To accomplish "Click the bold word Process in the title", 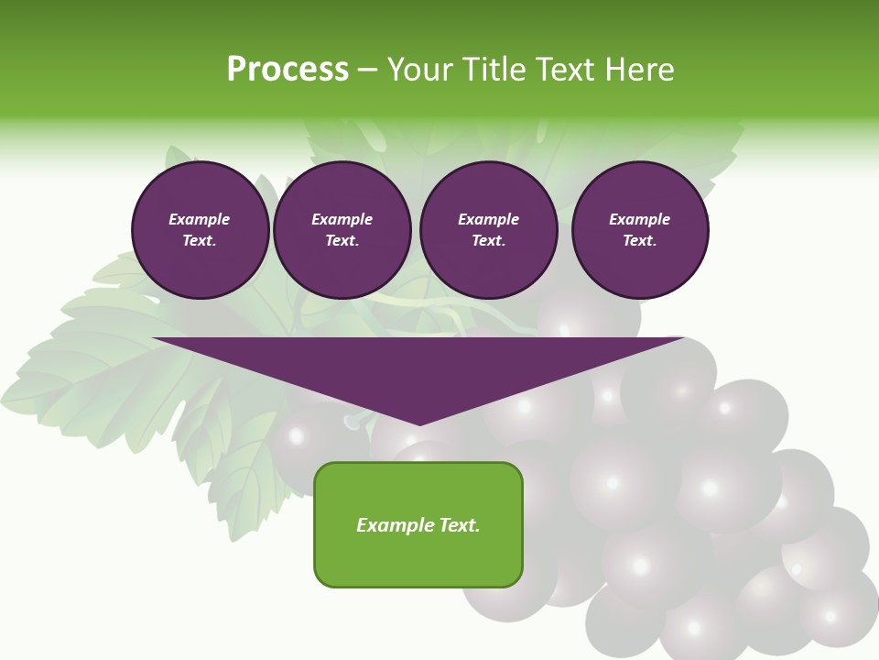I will (x=288, y=70).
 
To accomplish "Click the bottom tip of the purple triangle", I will (x=419, y=423).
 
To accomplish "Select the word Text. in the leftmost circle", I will (x=200, y=241).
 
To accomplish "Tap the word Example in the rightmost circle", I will (x=639, y=219).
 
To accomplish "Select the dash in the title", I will (x=368, y=70).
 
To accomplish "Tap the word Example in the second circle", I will (x=342, y=219).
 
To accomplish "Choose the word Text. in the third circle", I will (x=489, y=241).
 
